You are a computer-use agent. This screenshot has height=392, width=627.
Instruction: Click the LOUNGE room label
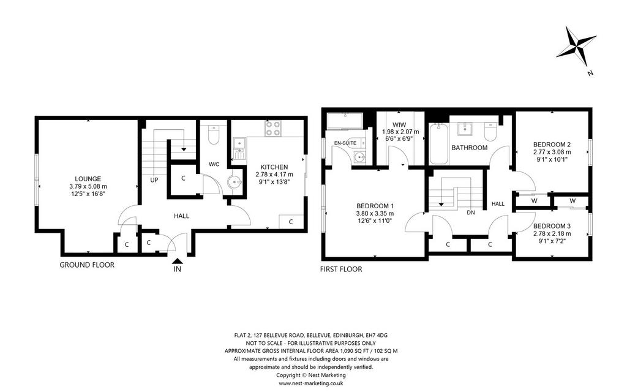tap(88, 179)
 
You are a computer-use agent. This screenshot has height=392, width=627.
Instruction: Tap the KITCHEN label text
tap(274, 167)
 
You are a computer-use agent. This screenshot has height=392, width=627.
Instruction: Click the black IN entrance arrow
tap(177, 261)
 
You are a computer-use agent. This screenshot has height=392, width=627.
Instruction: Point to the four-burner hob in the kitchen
tap(272, 129)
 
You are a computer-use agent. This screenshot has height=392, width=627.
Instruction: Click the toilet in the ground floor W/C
tap(214, 135)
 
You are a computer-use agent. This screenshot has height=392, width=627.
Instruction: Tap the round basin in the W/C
tap(234, 183)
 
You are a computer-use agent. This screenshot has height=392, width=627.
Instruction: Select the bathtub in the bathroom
tap(438, 143)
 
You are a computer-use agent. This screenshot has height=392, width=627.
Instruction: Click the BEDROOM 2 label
tap(552, 145)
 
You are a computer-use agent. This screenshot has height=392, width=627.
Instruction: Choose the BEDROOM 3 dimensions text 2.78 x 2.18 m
tap(552, 233)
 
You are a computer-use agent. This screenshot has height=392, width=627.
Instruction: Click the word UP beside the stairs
tap(154, 180)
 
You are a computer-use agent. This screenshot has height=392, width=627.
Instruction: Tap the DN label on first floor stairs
tap(471, 213)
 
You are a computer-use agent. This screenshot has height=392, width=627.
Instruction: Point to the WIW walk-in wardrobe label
tap(399, 125)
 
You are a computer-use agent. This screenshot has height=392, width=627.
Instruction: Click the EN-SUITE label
tap(345, 143)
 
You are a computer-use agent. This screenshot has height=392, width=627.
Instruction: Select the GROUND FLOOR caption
tap(87, 265)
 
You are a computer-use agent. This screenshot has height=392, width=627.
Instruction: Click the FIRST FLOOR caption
tap(341, 269)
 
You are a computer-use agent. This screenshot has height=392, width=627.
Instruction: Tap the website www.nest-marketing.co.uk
tap(310, 383)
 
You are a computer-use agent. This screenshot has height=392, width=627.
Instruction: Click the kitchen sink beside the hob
tap(240, 148)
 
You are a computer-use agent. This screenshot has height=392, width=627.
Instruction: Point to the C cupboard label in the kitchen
tap(291, 222)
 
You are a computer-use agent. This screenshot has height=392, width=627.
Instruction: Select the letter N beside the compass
tap(590, 73)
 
